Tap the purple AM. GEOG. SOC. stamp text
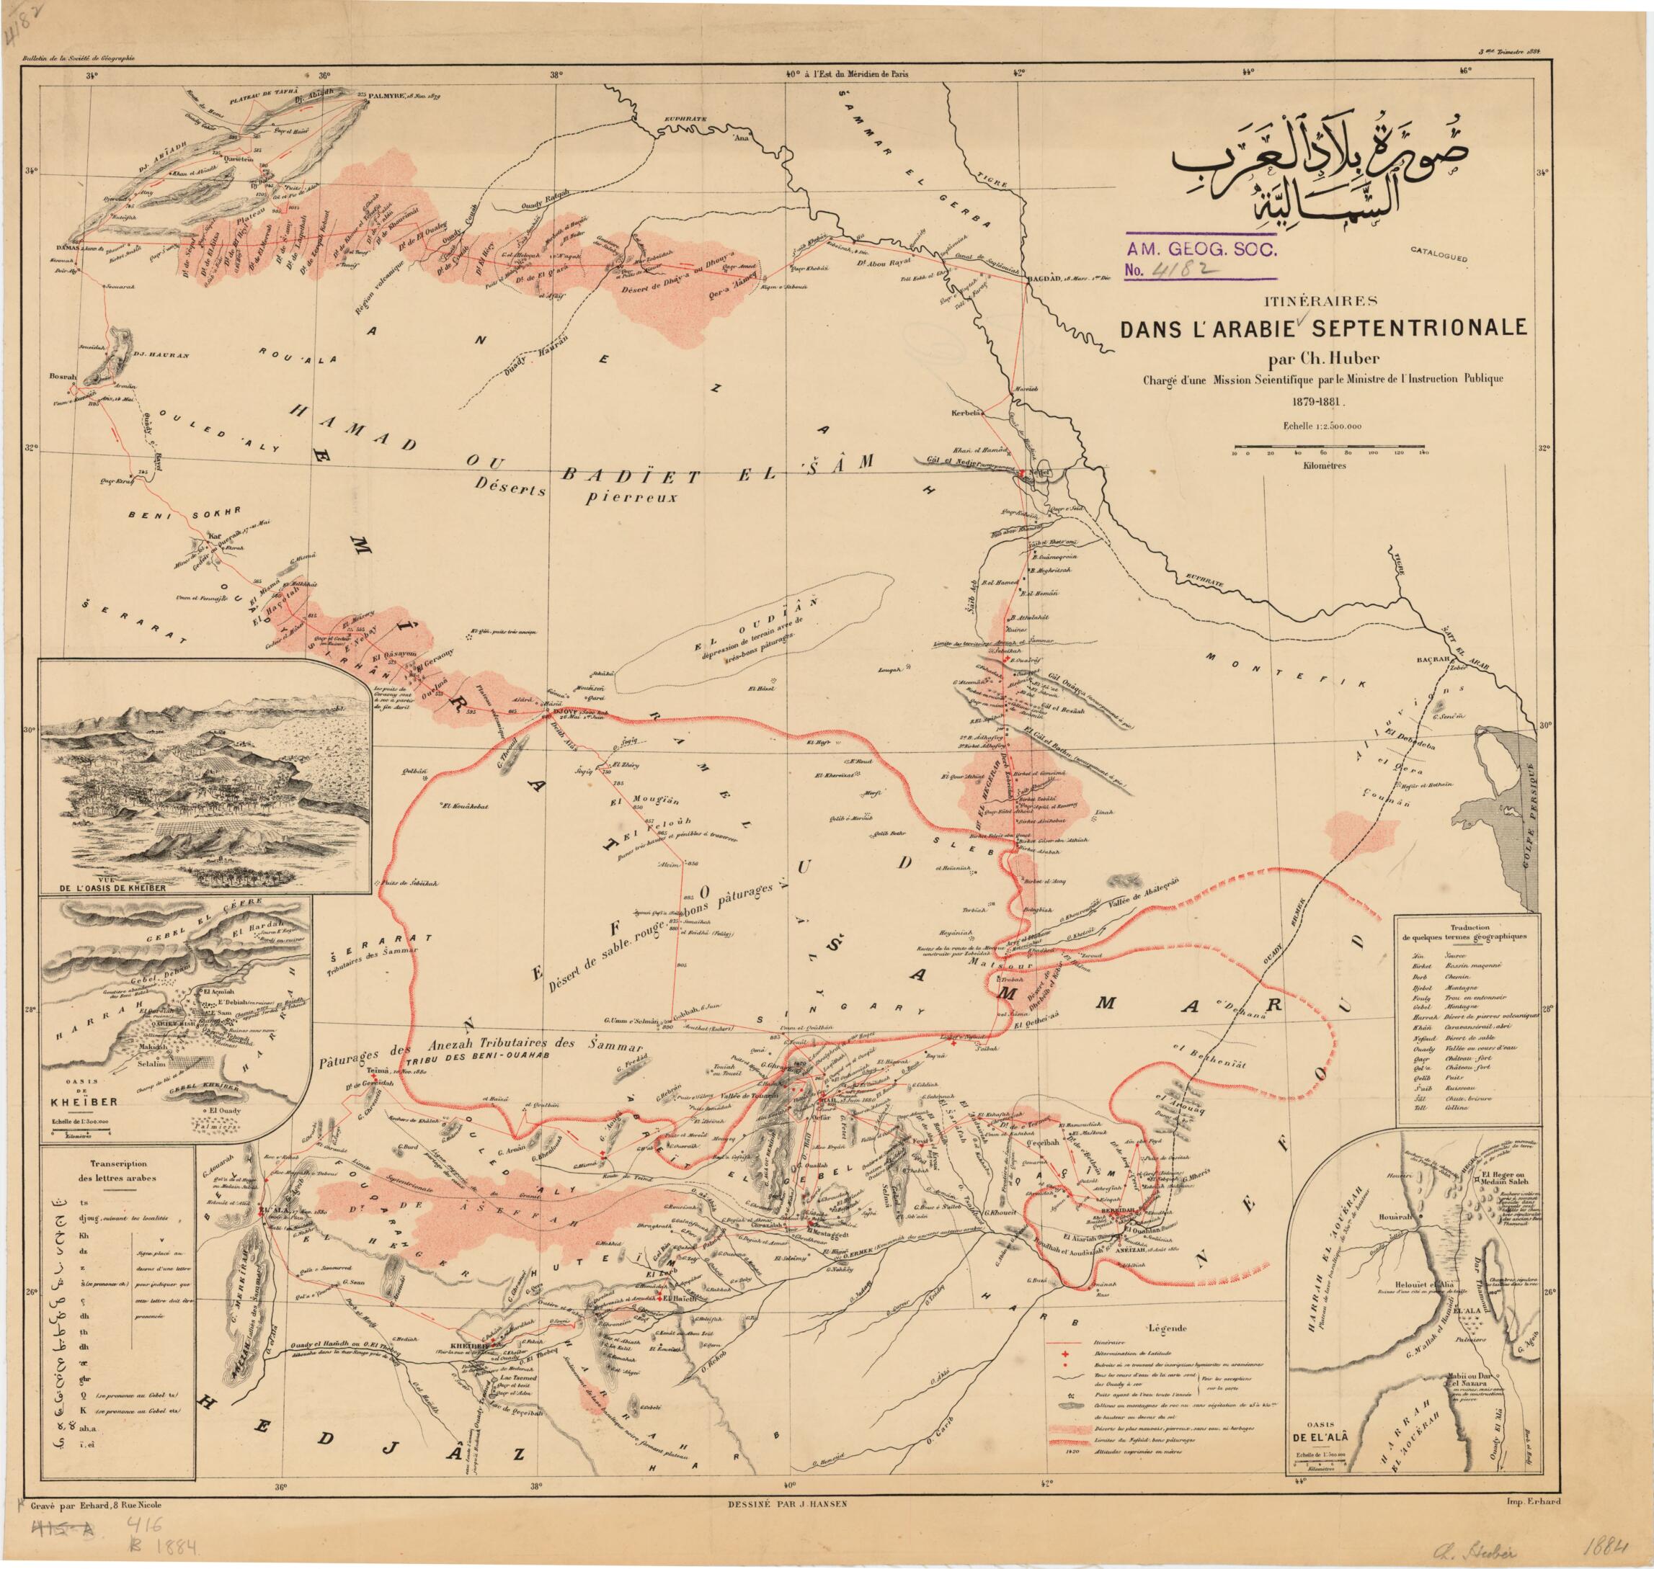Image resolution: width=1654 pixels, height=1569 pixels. (x=1201, y=249)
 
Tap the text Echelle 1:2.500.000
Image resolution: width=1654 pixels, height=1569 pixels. (x=1322, y=426)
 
